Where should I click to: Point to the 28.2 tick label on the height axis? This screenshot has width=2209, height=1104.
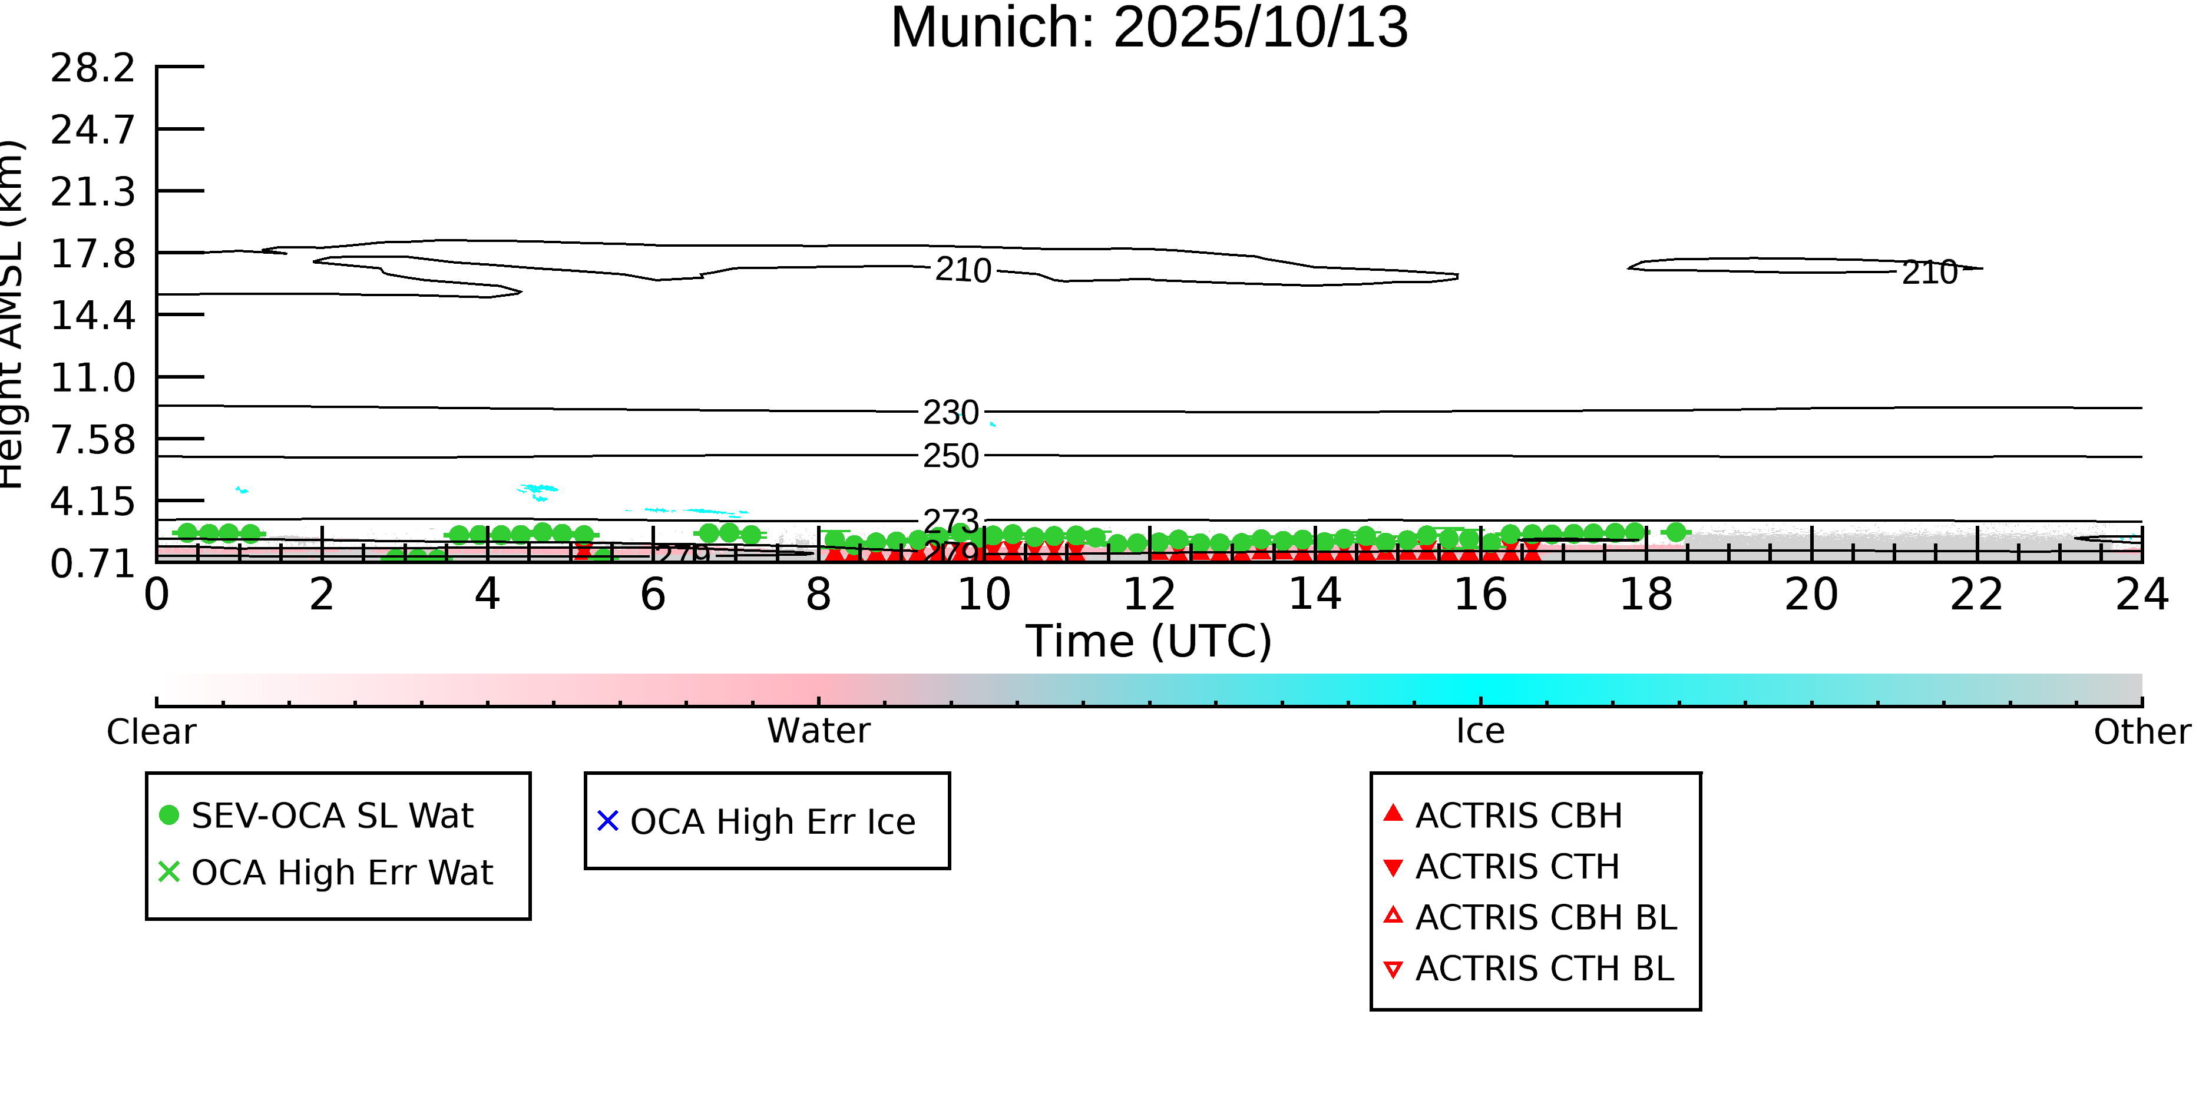tap(92, 68)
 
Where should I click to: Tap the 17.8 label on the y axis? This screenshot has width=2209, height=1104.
tap(92, 254)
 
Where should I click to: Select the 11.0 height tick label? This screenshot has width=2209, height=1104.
tap(92, 378)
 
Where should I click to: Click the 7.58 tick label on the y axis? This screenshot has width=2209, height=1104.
tap(92, 440)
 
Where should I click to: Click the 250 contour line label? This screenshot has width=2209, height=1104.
tap(950, 456)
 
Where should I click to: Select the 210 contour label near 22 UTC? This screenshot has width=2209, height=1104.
tap(1929, 273)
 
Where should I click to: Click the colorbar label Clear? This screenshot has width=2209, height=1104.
tap(151, 732)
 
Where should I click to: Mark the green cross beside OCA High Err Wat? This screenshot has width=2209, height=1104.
tap(169, 871)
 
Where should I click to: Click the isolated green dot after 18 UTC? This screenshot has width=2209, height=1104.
tap(1676, 532)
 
